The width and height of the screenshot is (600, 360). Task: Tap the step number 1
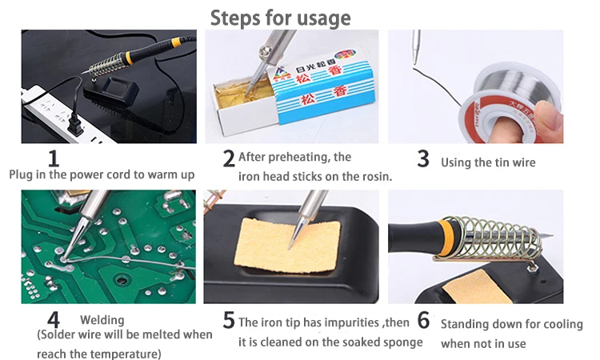click(54, 158)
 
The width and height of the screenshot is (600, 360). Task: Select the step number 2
click(229, 158)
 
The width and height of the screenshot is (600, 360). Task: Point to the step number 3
click(423, 158)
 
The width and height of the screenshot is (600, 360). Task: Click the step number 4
click(54, 320)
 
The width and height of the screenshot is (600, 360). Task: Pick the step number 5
click(229, 320)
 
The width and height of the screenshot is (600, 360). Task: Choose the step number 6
click(423, 320)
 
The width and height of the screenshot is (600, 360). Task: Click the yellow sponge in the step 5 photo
click(287, 246)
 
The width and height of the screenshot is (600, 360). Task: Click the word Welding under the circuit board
click(102, 320)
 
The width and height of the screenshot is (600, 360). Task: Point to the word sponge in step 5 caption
click(403, 342)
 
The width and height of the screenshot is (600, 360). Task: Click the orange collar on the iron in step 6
click(446, 238)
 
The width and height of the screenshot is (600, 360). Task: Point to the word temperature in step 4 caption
click(129, 354)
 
